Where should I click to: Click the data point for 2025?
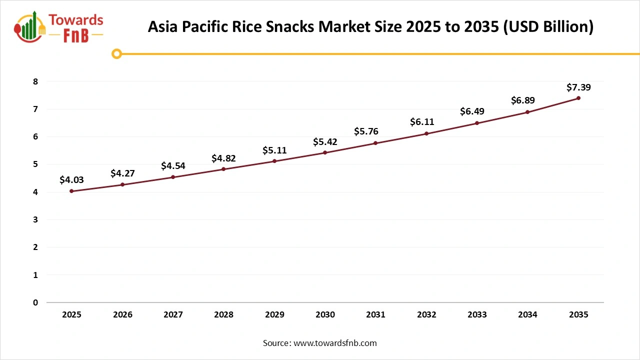(71, 191)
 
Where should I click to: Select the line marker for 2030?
(325, 152)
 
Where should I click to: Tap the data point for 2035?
(578, 98)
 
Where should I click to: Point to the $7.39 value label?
(578, 87)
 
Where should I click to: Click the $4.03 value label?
(71, 179)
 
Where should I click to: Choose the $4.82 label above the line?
(223, 158)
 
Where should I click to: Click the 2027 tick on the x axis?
(173, 314)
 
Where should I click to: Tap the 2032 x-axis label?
(426, 314)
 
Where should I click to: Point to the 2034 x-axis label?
(527, 314)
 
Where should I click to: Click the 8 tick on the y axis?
(35, 81)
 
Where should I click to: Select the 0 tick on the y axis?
(35, 302)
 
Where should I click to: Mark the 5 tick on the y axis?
(35, 164)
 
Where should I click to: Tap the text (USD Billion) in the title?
(548, 27)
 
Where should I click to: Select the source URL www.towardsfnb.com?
(334, 343)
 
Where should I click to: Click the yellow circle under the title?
(116, 53)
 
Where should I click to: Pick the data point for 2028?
(223, 169)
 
